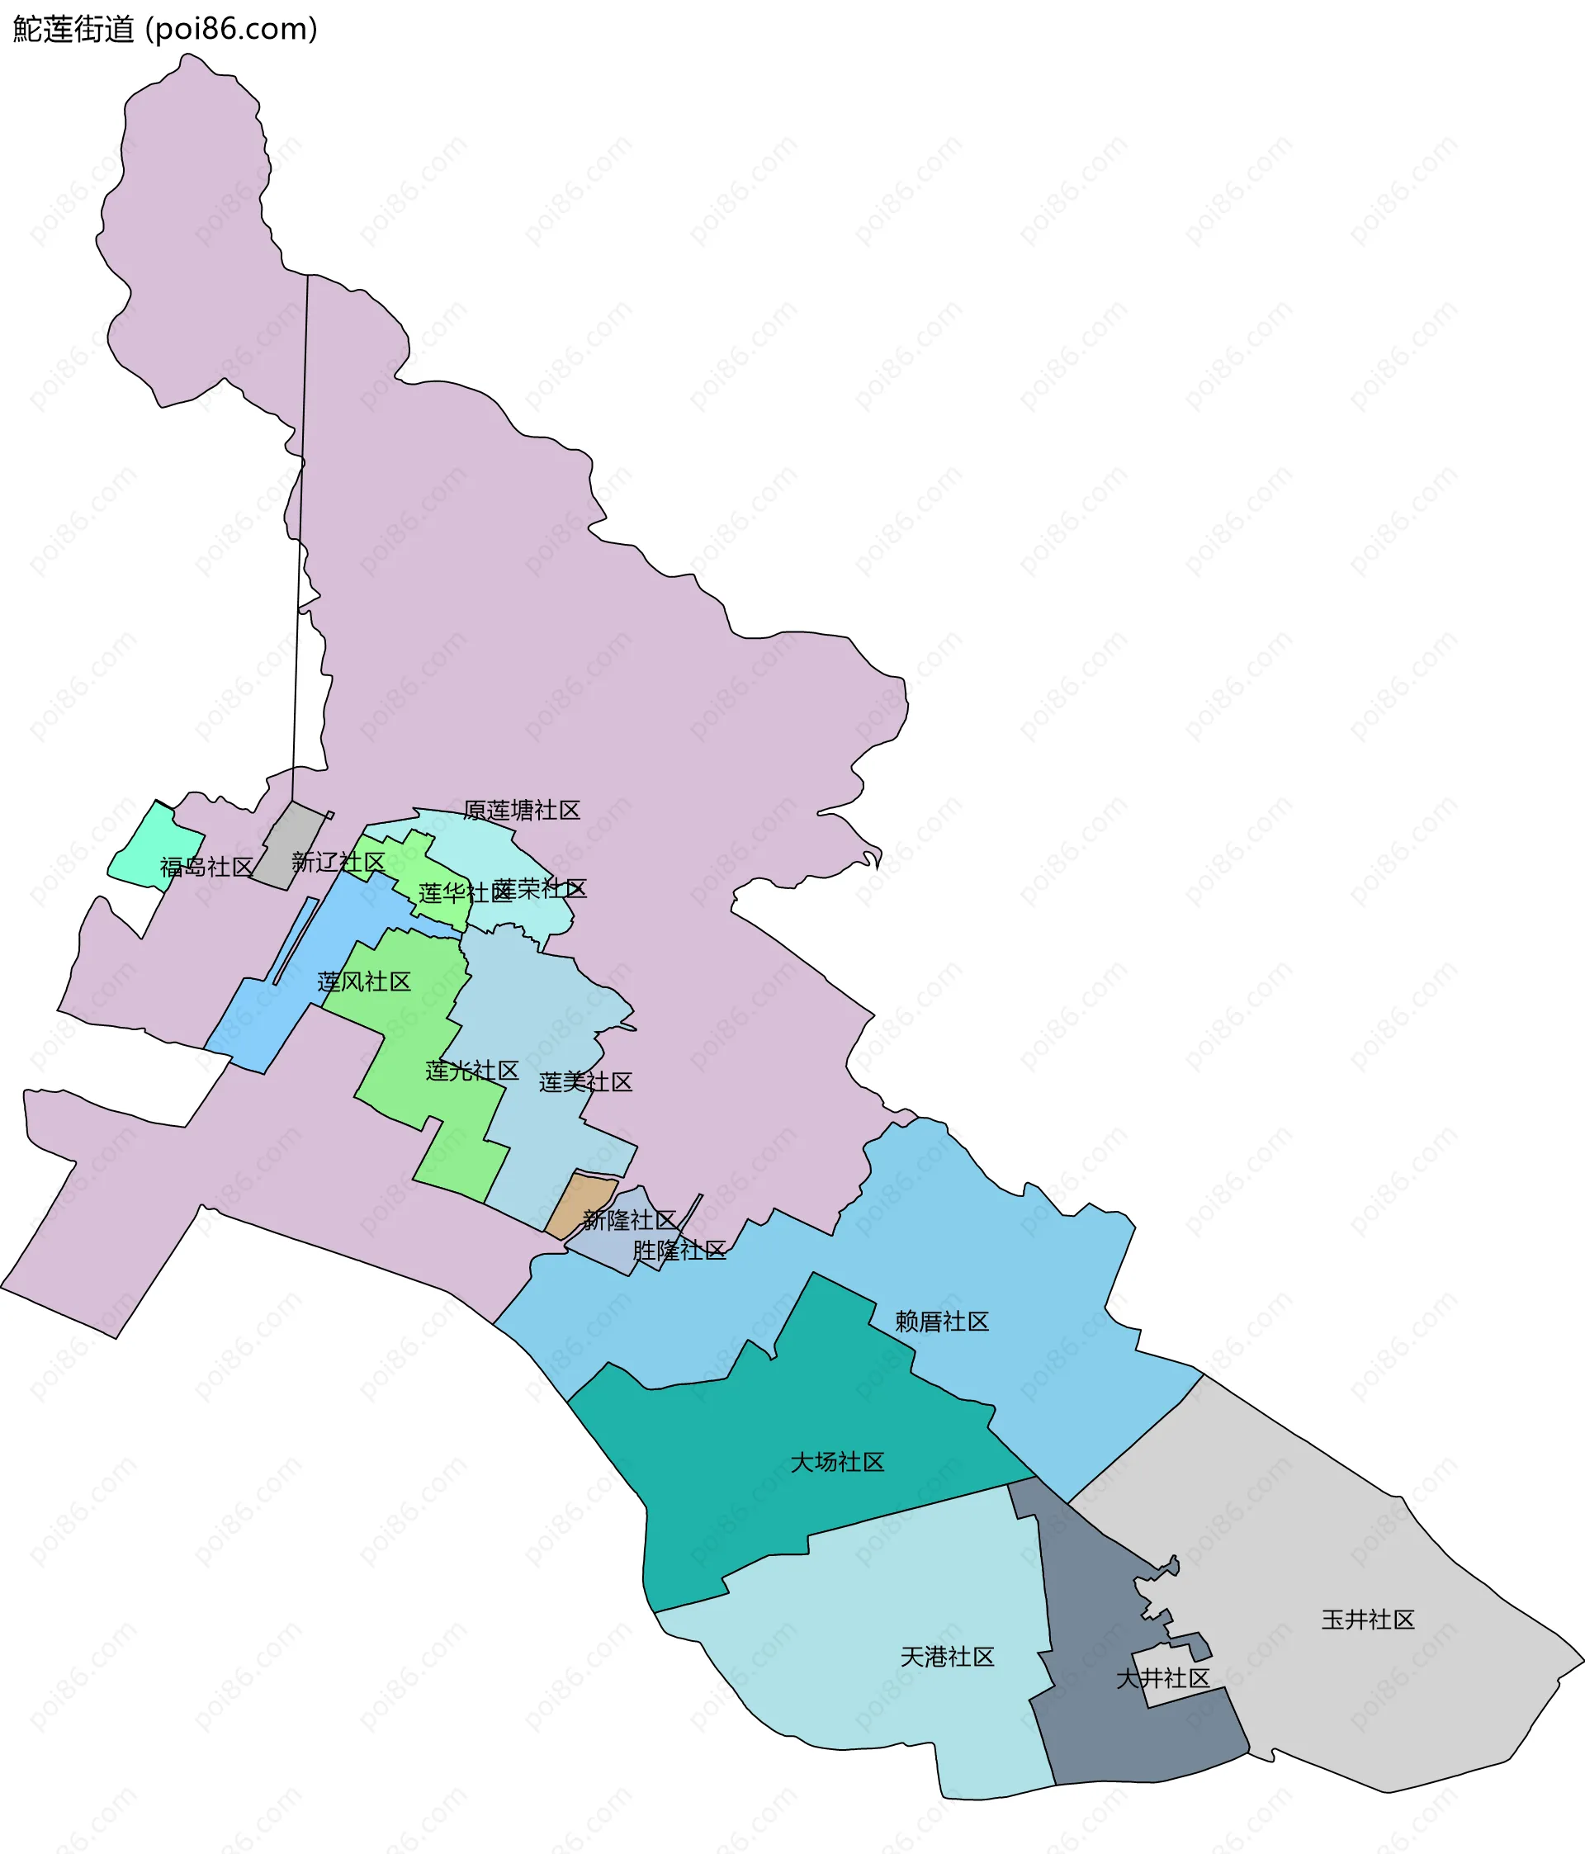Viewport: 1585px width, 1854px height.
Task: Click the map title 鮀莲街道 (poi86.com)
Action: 166,30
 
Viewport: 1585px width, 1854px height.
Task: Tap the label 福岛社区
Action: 206,867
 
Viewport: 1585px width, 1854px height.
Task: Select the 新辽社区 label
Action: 338,863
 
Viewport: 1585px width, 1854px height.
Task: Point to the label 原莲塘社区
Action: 522,811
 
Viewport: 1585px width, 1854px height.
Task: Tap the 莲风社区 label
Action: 364,982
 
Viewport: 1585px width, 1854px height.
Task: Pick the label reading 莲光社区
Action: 472,1071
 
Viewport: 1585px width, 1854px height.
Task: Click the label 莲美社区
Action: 586,1083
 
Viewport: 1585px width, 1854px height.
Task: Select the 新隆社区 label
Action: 629,1219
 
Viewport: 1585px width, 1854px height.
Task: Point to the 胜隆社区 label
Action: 679,1251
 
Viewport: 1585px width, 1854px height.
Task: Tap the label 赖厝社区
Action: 943,1322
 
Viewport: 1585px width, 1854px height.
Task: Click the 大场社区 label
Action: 838,1462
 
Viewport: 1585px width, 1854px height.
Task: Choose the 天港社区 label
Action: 948,1658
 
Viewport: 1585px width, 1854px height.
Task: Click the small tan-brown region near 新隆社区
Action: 582,1204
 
